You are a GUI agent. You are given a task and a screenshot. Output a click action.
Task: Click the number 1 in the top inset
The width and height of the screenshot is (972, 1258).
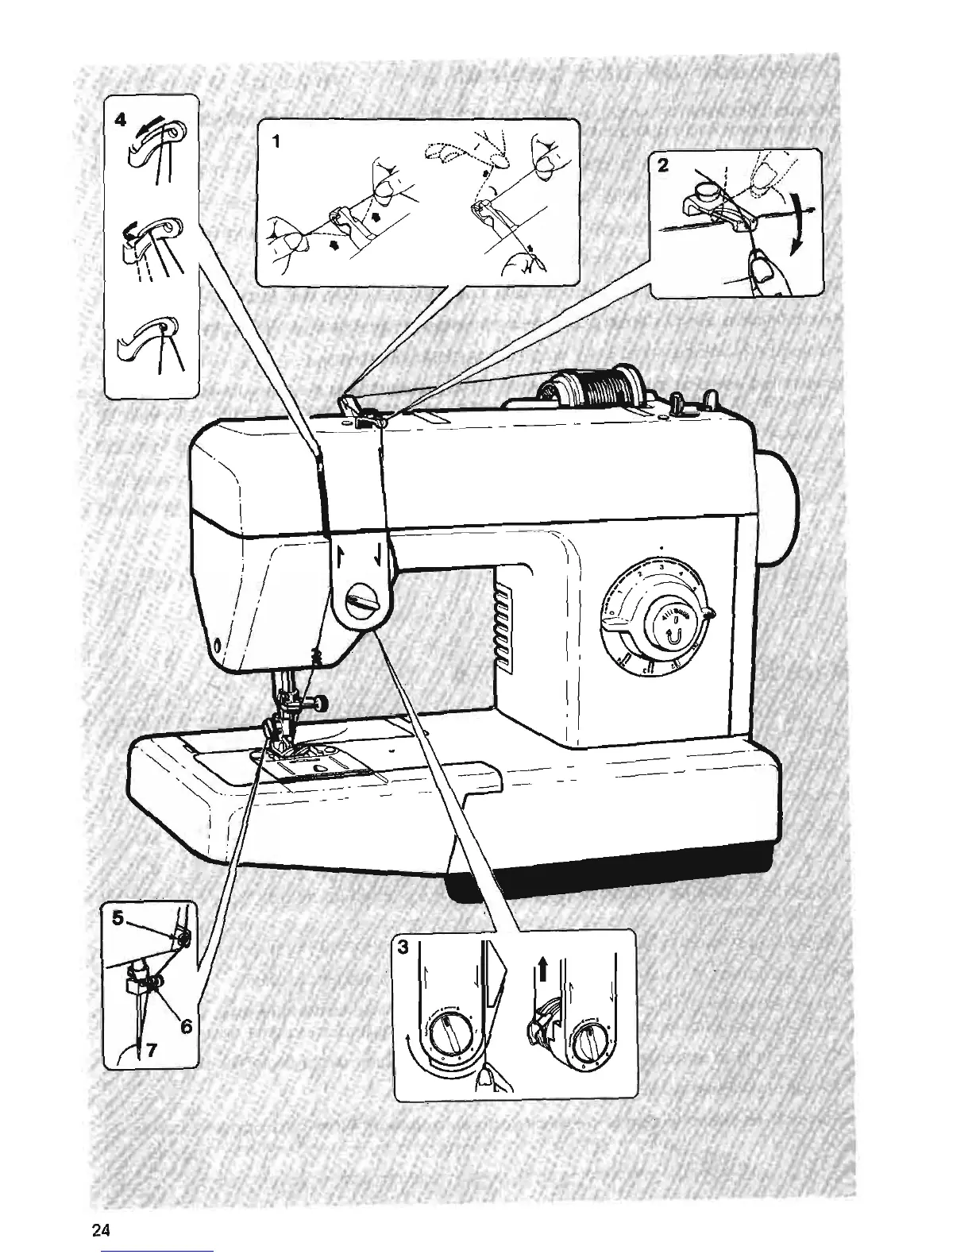(x=276, y=143)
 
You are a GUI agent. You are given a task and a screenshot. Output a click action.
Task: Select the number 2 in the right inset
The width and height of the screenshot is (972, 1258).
(x=664, y=167)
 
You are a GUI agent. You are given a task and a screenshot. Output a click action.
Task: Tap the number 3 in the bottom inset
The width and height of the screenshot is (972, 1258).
(x=404, y=947)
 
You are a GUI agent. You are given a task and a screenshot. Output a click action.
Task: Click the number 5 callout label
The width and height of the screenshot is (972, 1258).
(x=118, y=919)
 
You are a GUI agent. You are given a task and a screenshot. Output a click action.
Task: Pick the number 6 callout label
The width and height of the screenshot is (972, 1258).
(x=186, y=1026)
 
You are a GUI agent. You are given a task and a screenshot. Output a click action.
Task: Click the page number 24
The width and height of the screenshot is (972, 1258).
(x=101, y=1230)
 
